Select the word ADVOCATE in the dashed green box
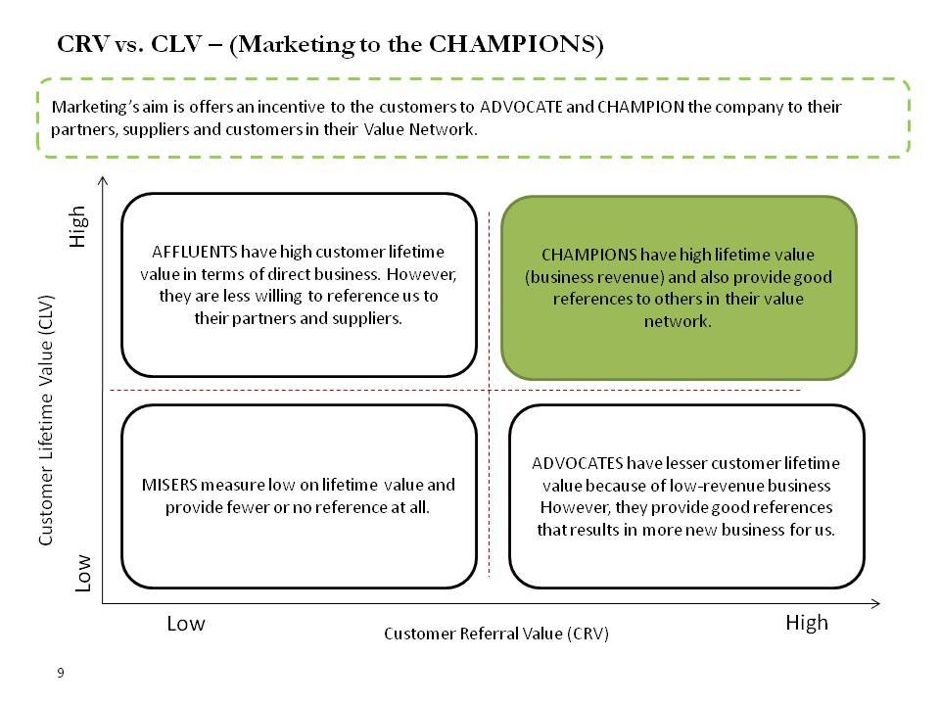[521, 107]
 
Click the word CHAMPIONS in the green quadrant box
[588, 255]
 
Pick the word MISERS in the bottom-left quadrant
[169, 485]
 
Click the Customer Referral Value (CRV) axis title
[496, 634]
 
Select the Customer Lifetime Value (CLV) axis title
[46, 420]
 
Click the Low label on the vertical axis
[82, 573]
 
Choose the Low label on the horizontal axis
[186, 624]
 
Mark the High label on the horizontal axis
[807, 623]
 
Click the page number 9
[61, 673]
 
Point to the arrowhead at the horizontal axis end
[875, 604]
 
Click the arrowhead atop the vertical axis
[103, 180]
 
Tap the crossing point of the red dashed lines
[490, 391]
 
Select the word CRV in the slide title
[83, 44]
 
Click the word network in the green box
[678, 322]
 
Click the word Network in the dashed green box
[443, 129]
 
